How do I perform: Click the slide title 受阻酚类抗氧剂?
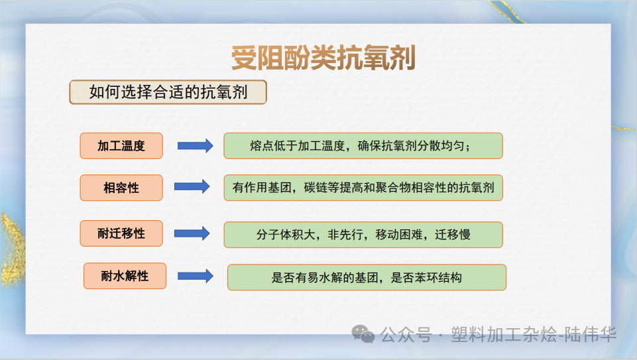click(323, 58)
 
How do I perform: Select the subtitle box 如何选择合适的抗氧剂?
click(168, 92)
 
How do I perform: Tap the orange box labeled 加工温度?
click(121, 146)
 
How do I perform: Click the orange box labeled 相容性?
click(121, 188)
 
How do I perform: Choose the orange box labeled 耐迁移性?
click(121, 233)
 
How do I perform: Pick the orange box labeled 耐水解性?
click(125, 276)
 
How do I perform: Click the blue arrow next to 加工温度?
click(195, 146)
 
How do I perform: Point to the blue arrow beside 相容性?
click(192, 188)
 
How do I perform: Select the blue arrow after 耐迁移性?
click(192, 233)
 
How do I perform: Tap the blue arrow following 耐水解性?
click(196, 276)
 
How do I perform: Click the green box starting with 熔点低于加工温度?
click(363, 146)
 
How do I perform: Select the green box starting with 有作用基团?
click(363, 188)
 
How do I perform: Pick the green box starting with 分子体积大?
click(363, 235)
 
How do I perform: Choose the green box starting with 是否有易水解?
click(367, 277)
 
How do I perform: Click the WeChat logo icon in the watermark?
click(363, 335)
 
